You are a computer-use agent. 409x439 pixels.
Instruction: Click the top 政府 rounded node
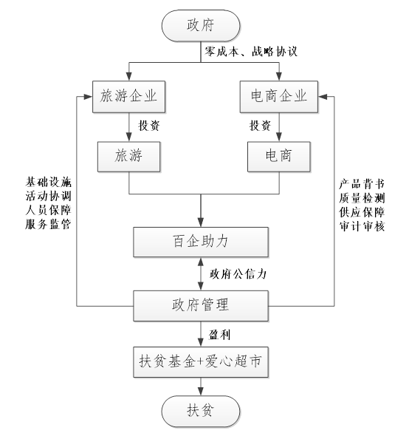click(201, 26)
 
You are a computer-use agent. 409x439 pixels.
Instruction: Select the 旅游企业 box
click(129, 97)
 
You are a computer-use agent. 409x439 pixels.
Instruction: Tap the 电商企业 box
click(279, 97)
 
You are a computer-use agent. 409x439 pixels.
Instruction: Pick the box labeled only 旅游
click(129, 157)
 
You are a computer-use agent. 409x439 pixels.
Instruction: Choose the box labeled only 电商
click(279, 157)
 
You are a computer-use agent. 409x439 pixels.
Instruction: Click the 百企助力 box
click(201, 242)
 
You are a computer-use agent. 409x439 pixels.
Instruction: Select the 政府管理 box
click(201, 305)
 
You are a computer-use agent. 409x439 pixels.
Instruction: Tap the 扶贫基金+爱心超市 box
click(201, 362)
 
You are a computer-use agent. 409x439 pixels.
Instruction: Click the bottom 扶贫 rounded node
click(201, 411)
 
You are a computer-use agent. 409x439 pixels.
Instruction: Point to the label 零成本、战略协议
click(251, 52)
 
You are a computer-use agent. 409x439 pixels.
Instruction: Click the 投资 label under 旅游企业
click(149, 126)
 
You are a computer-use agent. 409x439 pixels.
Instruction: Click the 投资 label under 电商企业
click(260, 126)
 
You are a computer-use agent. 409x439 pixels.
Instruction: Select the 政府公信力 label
click(238, 274)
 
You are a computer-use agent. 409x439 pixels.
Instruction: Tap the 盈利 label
click(219, 335)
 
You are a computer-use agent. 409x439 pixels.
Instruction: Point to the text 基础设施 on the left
click(49, 183)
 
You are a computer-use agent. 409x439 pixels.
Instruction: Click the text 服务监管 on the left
click(49, 224)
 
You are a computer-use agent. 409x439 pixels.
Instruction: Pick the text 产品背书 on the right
click(362, 184)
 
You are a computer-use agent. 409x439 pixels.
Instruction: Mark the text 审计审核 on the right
click(362, 226)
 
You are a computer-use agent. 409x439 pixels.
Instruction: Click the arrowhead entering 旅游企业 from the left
click(89, 97)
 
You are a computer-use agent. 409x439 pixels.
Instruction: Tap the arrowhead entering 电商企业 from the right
click(323, 97)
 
